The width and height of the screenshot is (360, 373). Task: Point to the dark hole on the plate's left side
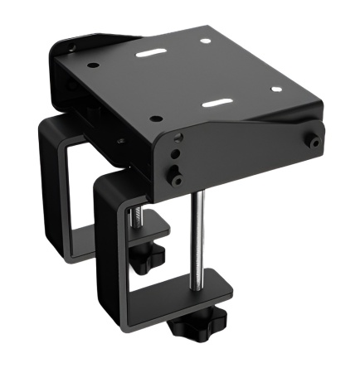93,65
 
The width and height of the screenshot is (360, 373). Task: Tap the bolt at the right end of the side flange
314,142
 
